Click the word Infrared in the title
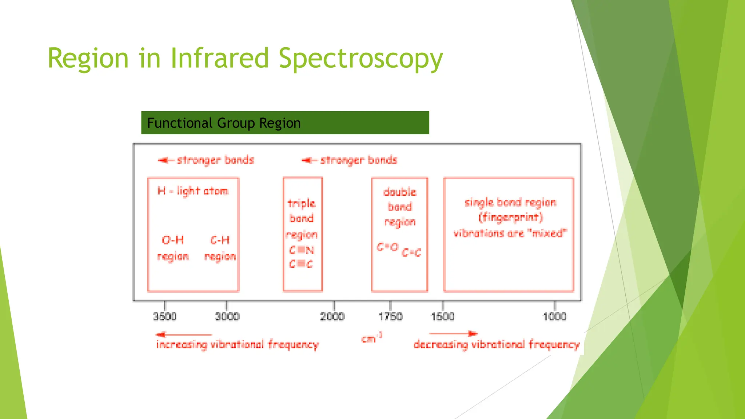219,58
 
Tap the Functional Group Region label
224,123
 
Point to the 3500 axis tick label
164,316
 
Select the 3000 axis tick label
227,316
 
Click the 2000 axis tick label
332,316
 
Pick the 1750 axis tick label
390,316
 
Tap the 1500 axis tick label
443,316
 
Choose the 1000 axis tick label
554,316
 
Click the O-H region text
173,248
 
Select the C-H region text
220,248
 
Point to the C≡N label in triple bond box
302,250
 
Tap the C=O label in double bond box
387,247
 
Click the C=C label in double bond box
411,252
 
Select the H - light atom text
193,191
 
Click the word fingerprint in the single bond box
510,218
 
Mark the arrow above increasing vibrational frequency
184,334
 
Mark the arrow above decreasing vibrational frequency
453,334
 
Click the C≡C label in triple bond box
301,264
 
